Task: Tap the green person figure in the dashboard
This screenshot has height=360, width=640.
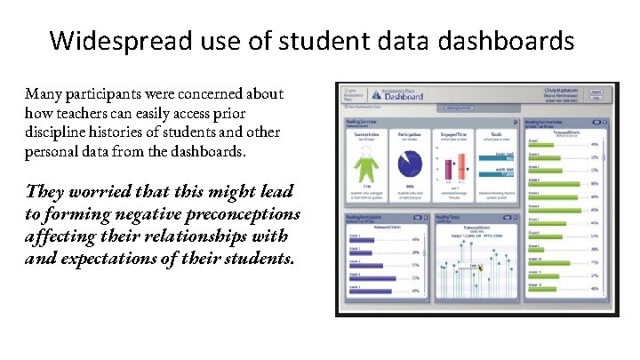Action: [364, 164]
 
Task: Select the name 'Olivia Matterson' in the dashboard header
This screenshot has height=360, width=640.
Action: [562, 90]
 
